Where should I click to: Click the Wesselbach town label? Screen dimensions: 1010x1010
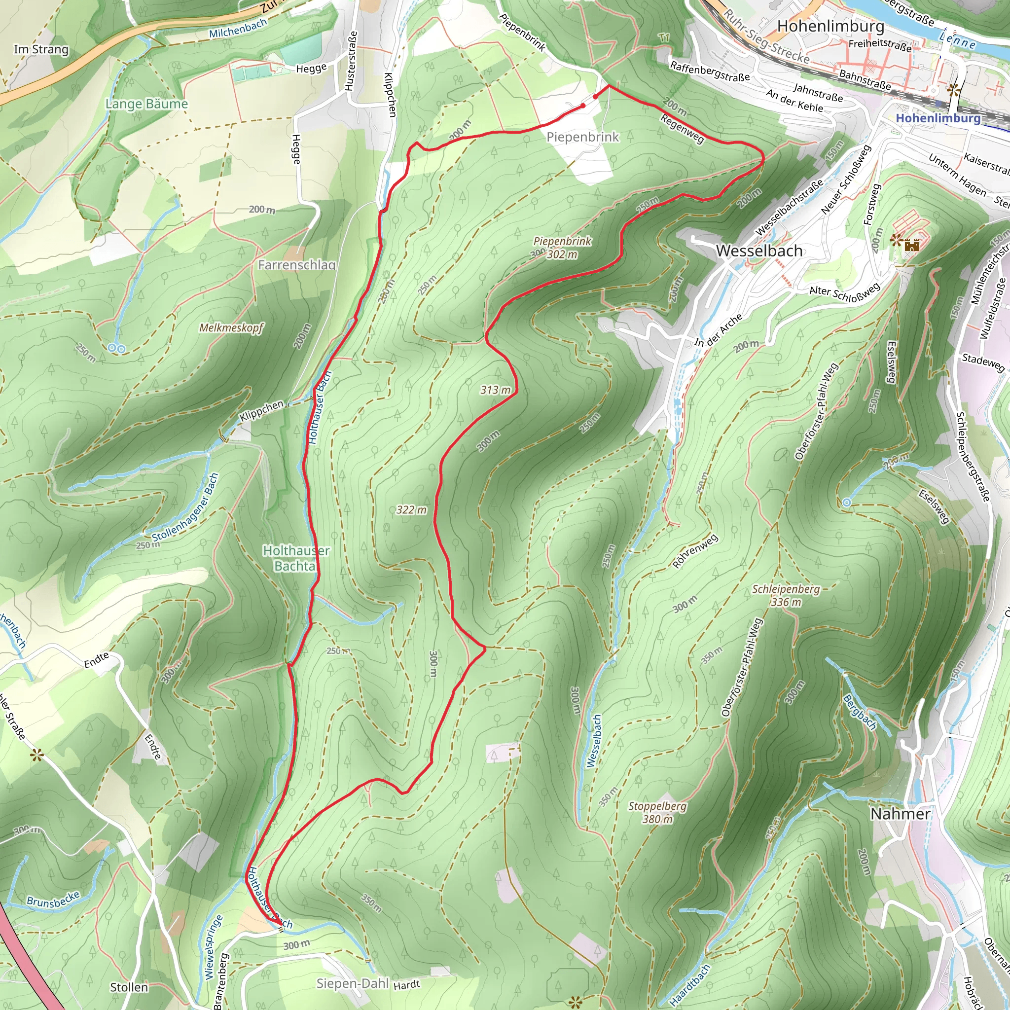tap(759, 251)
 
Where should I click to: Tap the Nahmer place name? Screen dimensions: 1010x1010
tap(900, 814)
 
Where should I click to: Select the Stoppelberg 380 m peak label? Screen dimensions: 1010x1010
tap(657, 812)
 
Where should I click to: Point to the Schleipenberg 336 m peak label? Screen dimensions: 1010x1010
tap(786, 595)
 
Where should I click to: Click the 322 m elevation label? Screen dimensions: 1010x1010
tap(411, 510)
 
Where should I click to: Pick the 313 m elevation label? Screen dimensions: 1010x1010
tap(496, 390)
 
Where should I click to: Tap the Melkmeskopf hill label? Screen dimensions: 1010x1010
tap(231, 328)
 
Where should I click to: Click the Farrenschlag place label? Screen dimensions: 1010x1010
tap(296, 265)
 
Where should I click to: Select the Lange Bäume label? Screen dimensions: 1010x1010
tap(146, 104)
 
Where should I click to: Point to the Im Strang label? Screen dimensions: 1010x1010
tap(41, 50)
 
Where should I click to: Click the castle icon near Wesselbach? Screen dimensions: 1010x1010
tap(912, 245)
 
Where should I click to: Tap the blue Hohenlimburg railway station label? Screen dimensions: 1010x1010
tap(938, 118)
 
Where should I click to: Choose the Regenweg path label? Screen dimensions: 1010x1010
tap(682, 128)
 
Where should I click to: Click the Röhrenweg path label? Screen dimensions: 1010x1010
tap(695, 551)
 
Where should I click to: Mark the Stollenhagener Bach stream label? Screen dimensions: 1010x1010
tap(185, 508)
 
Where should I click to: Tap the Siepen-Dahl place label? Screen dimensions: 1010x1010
tap(352, 983)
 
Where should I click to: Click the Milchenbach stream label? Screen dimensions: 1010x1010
tap(238, 28)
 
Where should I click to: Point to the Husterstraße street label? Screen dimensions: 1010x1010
tap(351, 61)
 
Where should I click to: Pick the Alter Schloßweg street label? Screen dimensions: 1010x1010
tap(844, 293)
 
